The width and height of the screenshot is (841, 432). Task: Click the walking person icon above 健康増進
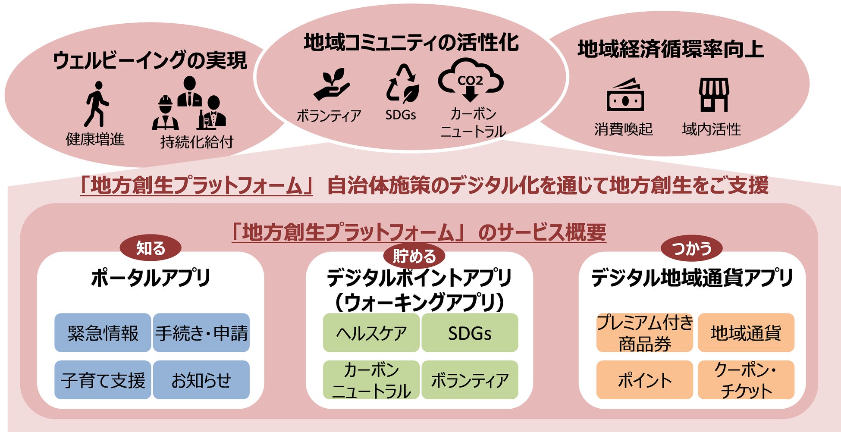point(97,104)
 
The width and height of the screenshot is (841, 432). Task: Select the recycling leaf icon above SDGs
point(402,84)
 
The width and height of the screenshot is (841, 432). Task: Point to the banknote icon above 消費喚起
point(625,95)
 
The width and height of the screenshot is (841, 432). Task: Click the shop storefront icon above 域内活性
point(714,94)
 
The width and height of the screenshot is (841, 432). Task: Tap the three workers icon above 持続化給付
point(189,104)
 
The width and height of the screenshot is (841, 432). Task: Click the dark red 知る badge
point(151,248)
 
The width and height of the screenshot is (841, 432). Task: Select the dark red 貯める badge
point(414,256)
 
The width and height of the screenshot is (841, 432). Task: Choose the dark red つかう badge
point(691,248)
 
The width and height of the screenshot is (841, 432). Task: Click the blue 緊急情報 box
point(103,333)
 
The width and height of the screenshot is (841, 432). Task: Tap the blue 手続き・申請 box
point(201,333)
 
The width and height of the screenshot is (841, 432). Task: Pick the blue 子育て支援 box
point(103,380)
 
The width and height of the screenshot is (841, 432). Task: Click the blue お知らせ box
point(201,380)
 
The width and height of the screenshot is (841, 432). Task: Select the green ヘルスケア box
point(371,333)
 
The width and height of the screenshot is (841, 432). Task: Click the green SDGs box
point(470,333)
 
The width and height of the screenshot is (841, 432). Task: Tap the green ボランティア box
point(470,380)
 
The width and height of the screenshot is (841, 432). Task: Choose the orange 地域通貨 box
point(746,333)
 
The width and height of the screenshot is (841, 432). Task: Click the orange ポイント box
point(644,380)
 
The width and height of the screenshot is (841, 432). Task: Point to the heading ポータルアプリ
point(151,278)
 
